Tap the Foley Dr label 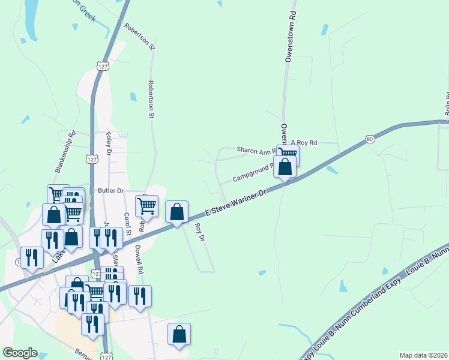coord(109,143)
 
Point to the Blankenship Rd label coord(65,152)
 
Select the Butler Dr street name coord(111,191)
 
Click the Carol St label coord(127,223)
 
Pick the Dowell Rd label coord(139,262)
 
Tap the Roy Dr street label coord(200,233)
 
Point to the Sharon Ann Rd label coord(256,150)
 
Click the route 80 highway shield coord(370,139)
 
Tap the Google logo coord(20,353)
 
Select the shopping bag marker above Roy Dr coord(176,212)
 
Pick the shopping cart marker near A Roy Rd coord(288,155)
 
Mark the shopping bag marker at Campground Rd coord(285,167)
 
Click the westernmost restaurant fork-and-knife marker coord(32,259)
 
